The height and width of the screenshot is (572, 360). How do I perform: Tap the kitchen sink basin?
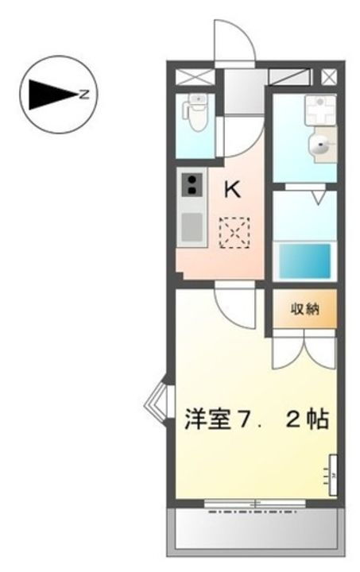click(x=192, y=227)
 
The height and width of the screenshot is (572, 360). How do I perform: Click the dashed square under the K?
click(x=234, y=234)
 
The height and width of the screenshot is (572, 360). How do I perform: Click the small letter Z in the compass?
click(x=83, y=95)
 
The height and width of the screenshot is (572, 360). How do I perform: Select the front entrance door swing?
click(x=233, y=40)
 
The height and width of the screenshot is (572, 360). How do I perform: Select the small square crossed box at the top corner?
click(x=328, y=77)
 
